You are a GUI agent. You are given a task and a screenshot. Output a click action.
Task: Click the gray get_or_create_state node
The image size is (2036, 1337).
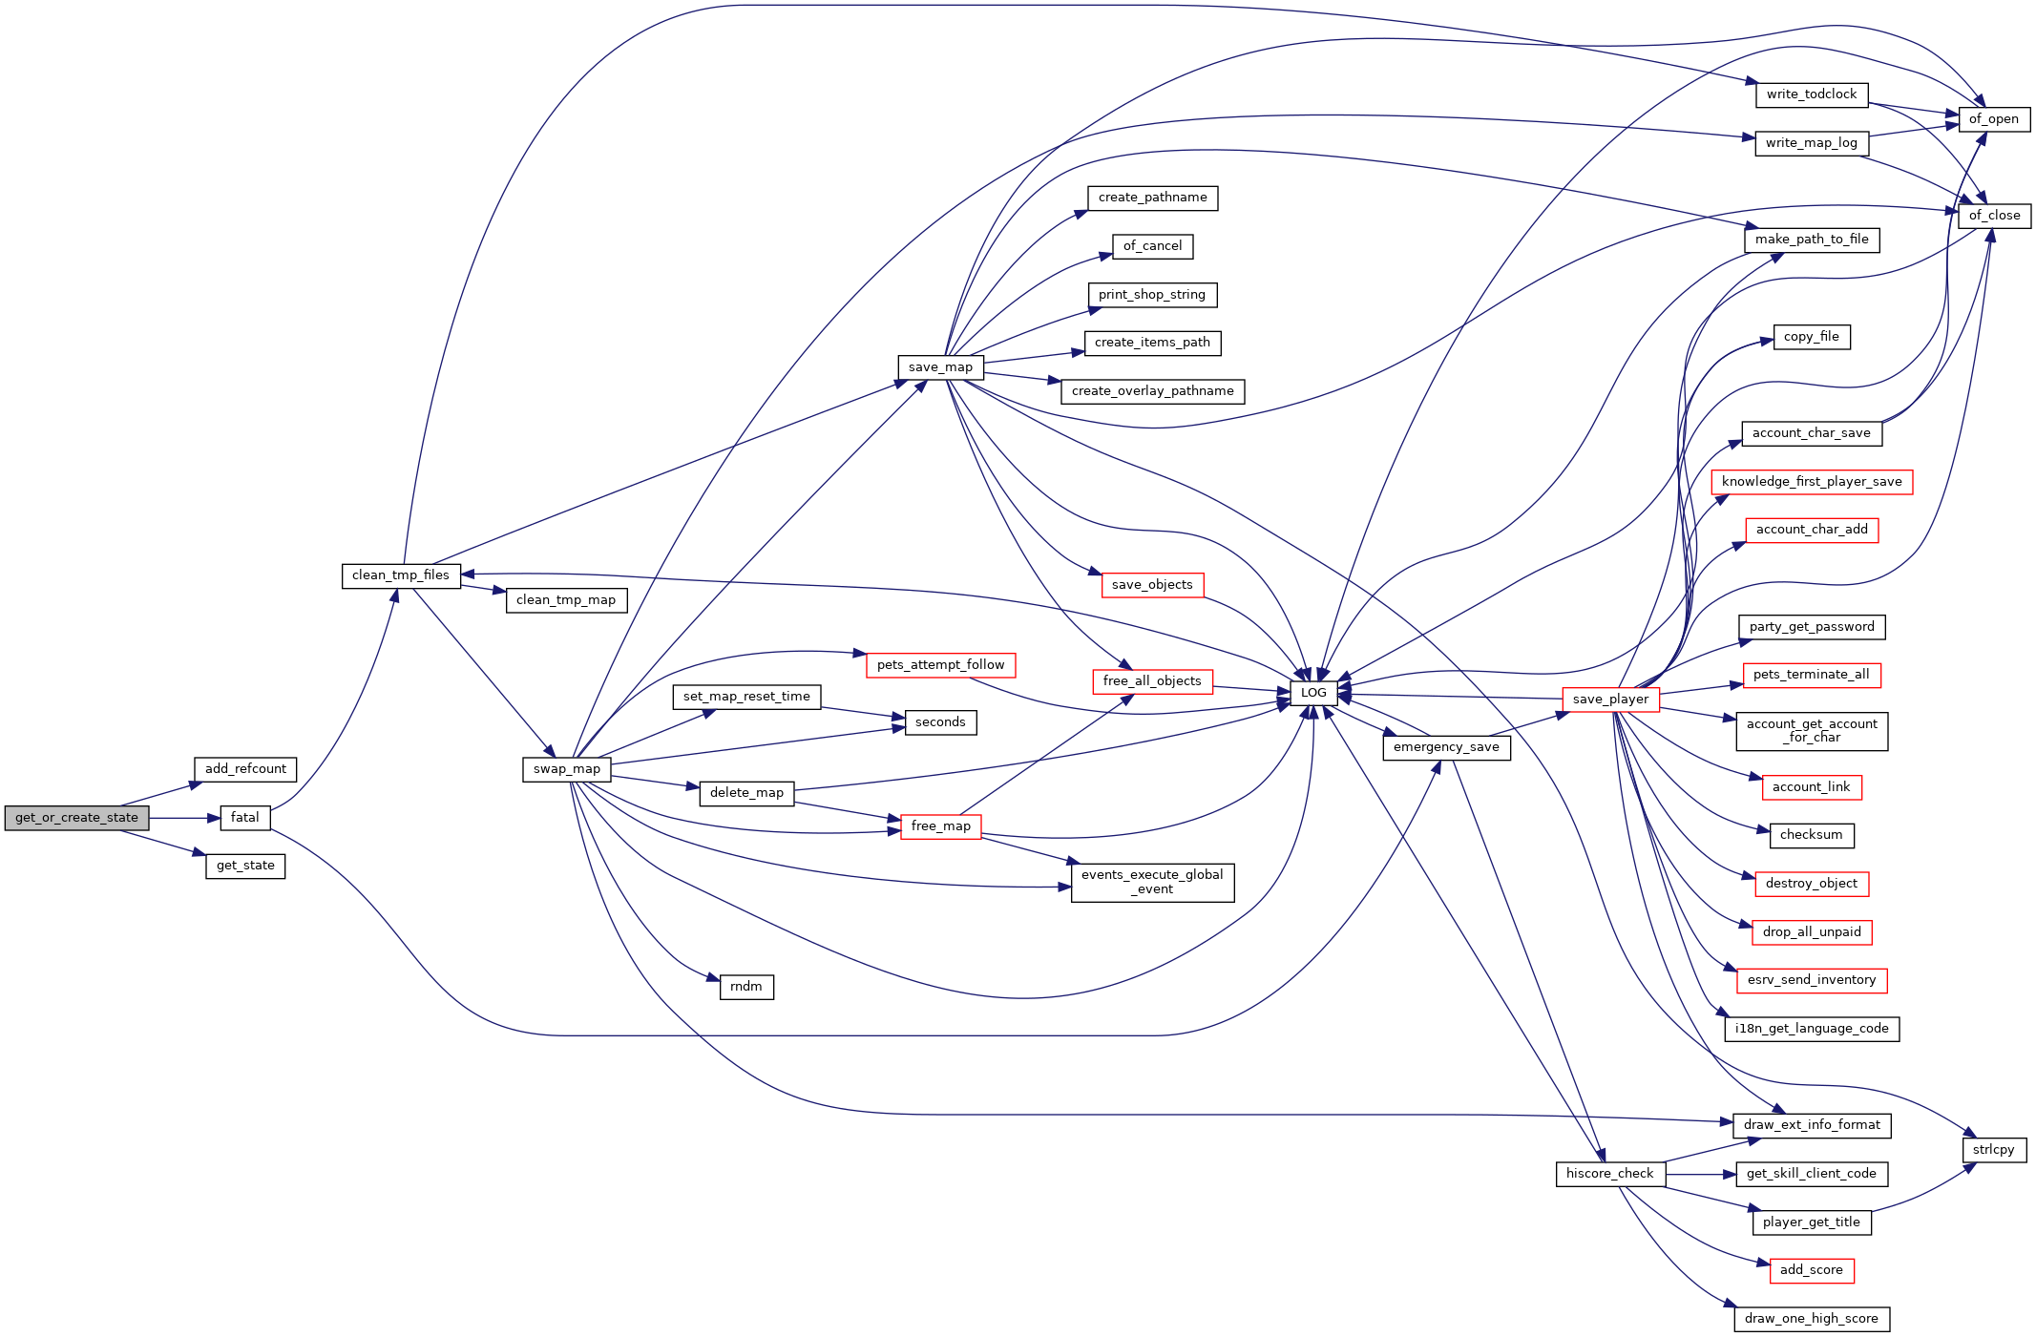pyautogui.click(x=76, y=818)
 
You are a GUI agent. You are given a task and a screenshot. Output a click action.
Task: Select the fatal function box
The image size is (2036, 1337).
pyautogui.click(x=245, y=818)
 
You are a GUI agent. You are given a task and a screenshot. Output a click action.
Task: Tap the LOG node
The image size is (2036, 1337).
pyautogui.click(x=1313, y=693)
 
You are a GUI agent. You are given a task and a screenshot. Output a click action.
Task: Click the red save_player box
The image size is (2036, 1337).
pyautogui.click(x=1610, y=700)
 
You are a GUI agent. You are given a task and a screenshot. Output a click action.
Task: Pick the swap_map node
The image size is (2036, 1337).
pyautogui.click(x=567, y=769)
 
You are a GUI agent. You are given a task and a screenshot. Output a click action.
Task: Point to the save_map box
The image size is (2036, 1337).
pyautogui.click(x=940, y=367)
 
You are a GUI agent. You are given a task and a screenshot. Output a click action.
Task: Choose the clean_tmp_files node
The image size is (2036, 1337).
pyautogui.click(x=401, y=575)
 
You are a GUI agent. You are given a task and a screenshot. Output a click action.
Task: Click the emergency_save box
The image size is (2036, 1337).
pyautogui.click(x=1446, y=747)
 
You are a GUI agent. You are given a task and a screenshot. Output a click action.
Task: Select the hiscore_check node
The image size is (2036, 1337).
pyautogui.click(x=1610, y=1174)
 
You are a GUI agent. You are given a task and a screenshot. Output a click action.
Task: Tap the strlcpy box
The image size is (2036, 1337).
pyautogui.click(x=1994, y=1150)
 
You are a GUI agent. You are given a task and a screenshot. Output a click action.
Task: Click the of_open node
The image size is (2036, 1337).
pyautogui.click(x=1994, y=119)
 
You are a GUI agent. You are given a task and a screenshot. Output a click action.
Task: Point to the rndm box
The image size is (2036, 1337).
pyautogui.click(x=746, y=987)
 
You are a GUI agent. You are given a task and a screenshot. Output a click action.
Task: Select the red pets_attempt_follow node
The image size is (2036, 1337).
pyautogui.click(x=940, y=665)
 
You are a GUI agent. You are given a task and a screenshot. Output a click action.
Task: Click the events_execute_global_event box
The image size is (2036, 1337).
pyautogui.click(x=1152, y=882)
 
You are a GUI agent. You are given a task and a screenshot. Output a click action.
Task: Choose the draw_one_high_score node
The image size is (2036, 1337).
pyautogui.click(x=1812, y=1319)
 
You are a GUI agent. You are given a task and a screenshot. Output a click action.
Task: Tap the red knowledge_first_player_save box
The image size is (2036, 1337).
pyautogui.click(x=1812, y=482)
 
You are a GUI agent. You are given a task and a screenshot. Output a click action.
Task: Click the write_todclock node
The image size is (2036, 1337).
pyautogui.click(x=1812, y=94)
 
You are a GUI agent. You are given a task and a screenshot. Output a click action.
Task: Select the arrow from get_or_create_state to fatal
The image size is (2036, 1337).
pyautogui.click(x=185, y=818)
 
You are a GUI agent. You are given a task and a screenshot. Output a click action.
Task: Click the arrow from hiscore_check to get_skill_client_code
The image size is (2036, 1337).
pyautogui.click(x=1701, y=1174)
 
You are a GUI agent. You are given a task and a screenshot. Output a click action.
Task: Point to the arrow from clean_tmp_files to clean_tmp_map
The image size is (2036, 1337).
pyautogui.click(x=483, y=589)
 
